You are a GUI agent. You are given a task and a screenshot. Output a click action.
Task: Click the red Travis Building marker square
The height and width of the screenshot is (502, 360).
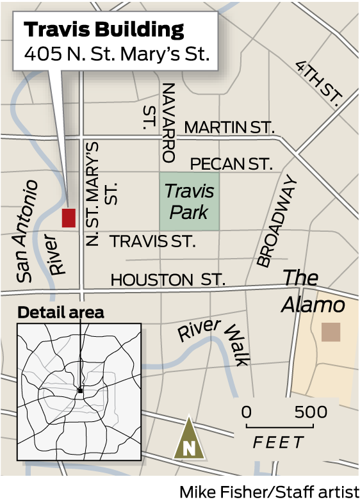[69, 218]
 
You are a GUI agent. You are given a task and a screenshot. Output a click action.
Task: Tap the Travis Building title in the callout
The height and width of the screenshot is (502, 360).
[104, 29]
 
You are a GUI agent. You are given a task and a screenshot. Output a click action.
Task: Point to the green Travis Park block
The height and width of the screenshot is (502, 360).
[189, 201]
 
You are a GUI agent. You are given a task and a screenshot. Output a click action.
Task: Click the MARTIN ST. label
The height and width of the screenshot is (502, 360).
[229, 127]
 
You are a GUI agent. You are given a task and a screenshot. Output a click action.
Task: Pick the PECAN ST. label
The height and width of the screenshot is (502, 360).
[231, 164]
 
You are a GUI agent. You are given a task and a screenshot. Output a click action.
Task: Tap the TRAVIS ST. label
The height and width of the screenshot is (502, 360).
[152, 241]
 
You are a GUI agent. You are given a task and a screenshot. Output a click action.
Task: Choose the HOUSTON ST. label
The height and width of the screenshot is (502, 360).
[168, 280]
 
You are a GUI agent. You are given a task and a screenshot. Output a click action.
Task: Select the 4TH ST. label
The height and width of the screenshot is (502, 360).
[318, 83]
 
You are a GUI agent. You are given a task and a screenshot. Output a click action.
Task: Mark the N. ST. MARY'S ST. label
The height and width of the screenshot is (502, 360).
[101, 192]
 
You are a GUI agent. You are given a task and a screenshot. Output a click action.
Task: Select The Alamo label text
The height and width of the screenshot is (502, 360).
[312, 291]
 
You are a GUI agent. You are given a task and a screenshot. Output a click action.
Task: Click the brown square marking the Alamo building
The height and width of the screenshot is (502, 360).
[331, 332]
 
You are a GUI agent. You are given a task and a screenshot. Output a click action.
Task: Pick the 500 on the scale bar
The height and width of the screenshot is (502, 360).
[311, 412]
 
